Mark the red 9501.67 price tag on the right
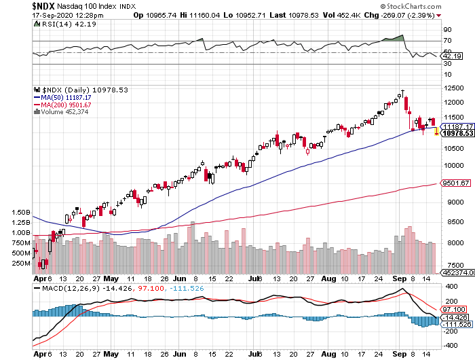[x=455, y=183]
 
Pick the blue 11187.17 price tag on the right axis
[x=456, y=126]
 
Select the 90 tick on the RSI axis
[x=447, y=30]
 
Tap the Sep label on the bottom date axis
[x=400, y=278]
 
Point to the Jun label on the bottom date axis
[x=178, y=278]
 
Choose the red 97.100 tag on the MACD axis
[x=453, y=310]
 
